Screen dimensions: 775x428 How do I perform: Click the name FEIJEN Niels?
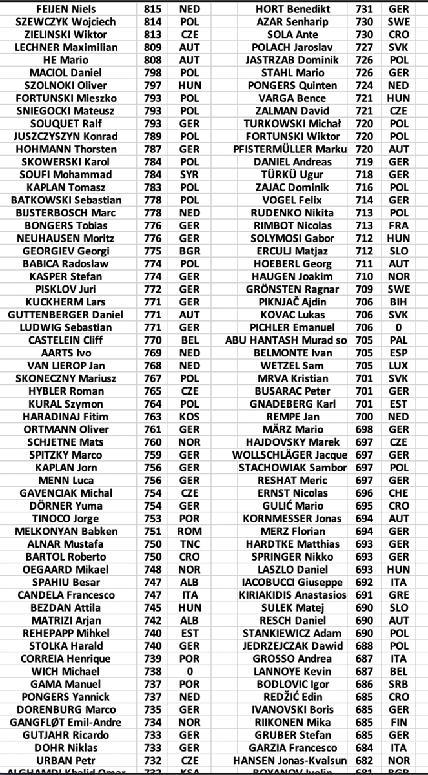pyautogui.click(x=65, y=9)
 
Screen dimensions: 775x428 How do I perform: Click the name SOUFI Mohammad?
pyautogui.click(x=65, y=174)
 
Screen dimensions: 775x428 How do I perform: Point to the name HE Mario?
pyautogui.click(x=65, y=60)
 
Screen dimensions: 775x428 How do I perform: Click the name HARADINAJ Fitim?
pyautogui.click(x=65, y=417)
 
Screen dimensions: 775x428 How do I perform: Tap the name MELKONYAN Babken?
pyautogui.click(x=65, y=531)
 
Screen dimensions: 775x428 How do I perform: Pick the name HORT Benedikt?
pyautogui.click(x=292, y=9)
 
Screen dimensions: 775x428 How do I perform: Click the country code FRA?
pyautogui.click(x=399, y=225)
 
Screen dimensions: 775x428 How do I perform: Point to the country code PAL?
pyautogui.click(x=399, y=340)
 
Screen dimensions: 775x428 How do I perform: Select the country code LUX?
pyautogui.click(x=399, y=366)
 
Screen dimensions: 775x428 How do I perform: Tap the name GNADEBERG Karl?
pyautogui.click(x=292, y=404)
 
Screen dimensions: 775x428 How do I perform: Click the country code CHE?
pyautogui.click(x=399, y=493)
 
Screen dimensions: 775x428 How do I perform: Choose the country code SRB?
pyautogui.click(x=399, y=684)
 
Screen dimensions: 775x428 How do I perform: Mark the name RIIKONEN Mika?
pyautogui.click(x=292, y=722)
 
